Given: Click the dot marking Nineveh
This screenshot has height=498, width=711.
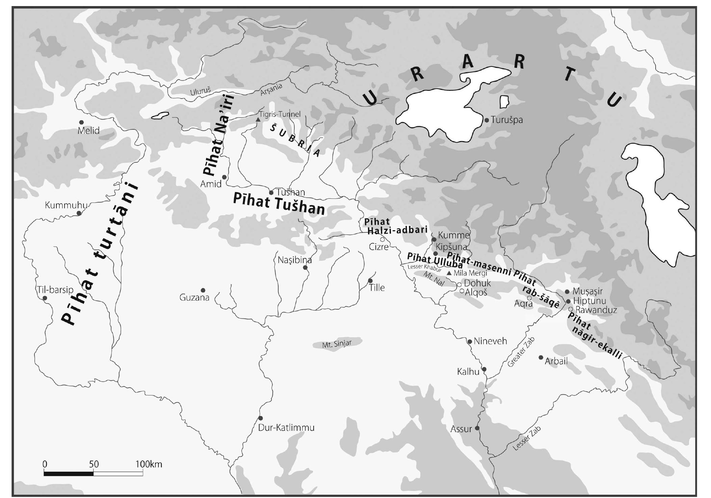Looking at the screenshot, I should tap(469, 342).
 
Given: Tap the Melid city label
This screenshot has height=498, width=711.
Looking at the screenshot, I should tap(88, 131).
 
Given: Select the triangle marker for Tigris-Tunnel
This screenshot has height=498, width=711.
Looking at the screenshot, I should tap(258, 120).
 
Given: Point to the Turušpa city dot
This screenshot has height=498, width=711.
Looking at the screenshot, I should tap(486, 120).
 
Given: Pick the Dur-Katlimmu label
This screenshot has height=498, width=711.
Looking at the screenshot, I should tap(286, 428).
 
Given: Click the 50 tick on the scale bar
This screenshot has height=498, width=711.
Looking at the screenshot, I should tap(94, 464).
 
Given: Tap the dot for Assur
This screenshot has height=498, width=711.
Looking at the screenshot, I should tap(477, 428).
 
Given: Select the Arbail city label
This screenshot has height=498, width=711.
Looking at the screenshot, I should tap(556, 361).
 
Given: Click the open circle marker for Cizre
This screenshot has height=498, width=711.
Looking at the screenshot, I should tap(383, 239).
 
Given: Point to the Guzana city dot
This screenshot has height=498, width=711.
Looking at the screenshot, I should tap(203, 290).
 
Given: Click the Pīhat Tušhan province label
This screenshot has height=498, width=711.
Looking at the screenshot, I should tap(279, 204).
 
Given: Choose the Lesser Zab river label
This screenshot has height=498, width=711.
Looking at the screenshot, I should tap(526, 438).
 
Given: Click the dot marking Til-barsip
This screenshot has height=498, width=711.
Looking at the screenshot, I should tap(45, 298).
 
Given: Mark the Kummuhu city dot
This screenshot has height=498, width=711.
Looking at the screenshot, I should tap(79, 213).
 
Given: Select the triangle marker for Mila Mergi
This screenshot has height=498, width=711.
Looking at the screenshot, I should tap(449, 273).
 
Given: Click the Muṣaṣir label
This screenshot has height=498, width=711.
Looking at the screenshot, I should tap(587, 291).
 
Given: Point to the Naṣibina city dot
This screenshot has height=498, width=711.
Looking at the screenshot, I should tap(305, 267).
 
